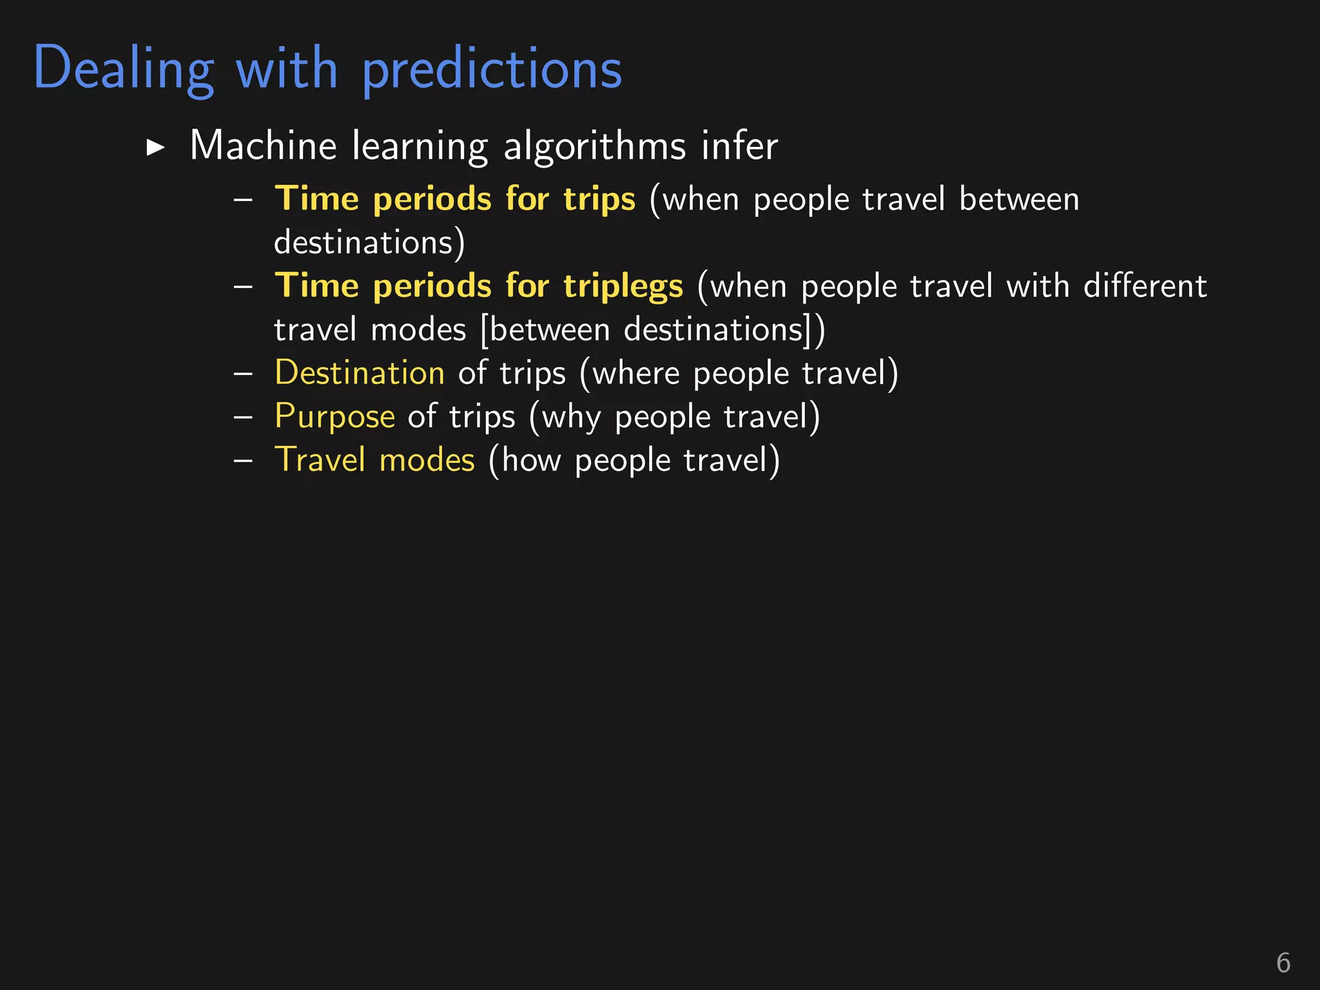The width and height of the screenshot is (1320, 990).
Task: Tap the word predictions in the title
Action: pyautogui.click(x=492, y=70)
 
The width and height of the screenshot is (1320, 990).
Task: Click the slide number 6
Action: pyautogui.click(x=1283, y=963)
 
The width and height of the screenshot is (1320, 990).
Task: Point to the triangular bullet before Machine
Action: pyautogui.click(x=155, y=148)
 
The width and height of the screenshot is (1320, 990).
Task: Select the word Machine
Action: pyautogui.click(x=263, y=145)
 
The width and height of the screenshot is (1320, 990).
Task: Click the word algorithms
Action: pyautogui.click(x=594, y=146)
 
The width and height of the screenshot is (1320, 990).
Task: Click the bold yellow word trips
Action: pyautogui.click(x=599, y=199)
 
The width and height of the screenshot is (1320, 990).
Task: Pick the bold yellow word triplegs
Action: pyautogui.click(x=623, y=286)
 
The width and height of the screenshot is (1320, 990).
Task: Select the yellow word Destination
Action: pyautogui.click(x=359, y=373)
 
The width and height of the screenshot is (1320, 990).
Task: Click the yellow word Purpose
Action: pyautogui.click(x=334, y=416)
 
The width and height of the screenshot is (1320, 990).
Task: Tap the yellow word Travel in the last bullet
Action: pyautogui.click(x=320, y=460)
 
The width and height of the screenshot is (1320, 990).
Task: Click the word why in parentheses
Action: pyautogui.click(x=570, y=418)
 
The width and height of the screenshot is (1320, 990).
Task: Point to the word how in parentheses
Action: pyautogui.click(x=531, y=460)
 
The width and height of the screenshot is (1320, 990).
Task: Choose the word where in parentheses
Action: pyautogui.click(x=636, y=373)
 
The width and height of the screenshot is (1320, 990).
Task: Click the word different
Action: pyautogui.click(x=1145, y=286)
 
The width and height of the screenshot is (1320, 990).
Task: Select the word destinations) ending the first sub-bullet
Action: pyautogui.click(x=369, y=242)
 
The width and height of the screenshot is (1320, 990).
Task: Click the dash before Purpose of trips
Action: pyautogui.click(x=243, y=417)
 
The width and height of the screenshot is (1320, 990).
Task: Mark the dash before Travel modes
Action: pyautogui.click(x=243, y=460)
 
